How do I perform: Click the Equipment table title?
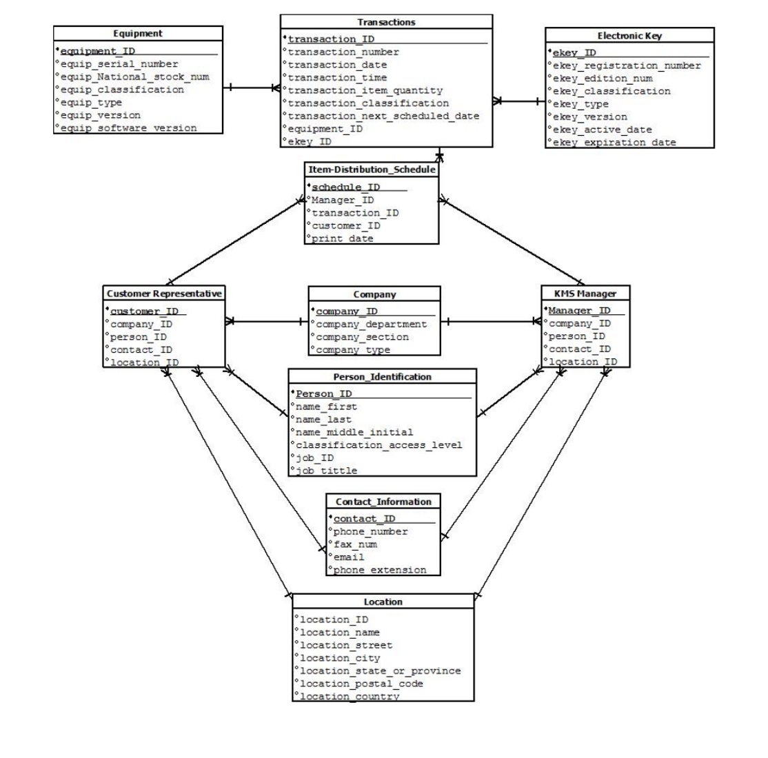(138, 34)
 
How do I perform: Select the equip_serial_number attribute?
(119, 64)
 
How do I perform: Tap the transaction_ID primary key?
(331, 39)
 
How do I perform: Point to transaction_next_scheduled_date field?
(383, 116)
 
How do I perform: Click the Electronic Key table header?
(629, 36)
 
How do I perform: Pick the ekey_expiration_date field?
(614, 143)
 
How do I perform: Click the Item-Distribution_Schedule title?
(372, 170)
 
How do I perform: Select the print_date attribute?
(343, 238)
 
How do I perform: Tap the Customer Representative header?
(164, 294)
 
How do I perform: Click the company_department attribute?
(371, 325)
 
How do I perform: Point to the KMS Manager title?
(585, 294)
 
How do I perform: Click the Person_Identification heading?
(382, 377)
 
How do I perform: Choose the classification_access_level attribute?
(378, 445)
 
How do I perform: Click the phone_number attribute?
(370, 532)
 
